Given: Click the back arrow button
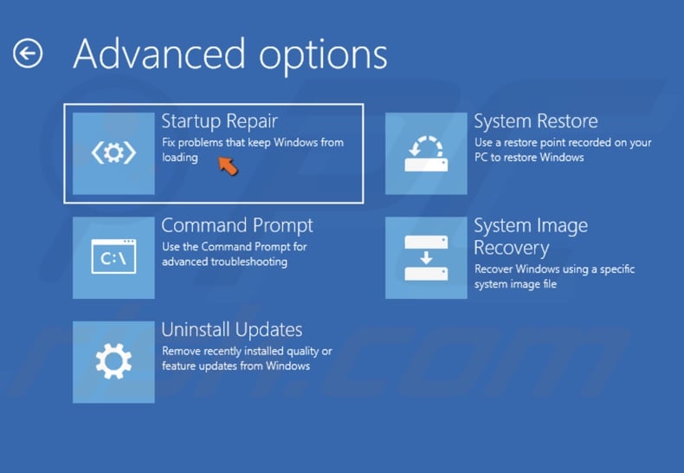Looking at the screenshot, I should coord(28,54).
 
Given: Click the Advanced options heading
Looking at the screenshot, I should coord(229,54).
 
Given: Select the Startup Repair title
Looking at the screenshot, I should coord(219,120).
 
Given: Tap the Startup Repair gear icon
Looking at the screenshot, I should coord(113,153).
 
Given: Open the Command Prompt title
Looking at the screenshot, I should coord(236,225).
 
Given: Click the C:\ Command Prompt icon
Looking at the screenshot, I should coord(113,257).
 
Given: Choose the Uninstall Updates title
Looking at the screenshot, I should coord(231,329).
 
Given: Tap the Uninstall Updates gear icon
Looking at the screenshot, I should coord(113,361).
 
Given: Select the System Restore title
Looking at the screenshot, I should coord(535,120).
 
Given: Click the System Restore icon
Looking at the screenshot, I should coord(425,153).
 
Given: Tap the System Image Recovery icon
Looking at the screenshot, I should coord(425,257).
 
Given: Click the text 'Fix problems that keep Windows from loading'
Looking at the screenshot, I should coord(252,150).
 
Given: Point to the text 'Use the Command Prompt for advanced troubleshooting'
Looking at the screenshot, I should coord(234,254).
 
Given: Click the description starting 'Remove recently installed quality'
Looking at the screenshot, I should coord(246,359).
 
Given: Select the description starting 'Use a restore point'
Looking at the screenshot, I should coord(563,150).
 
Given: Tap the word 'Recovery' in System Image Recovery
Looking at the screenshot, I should coord(511,248).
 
